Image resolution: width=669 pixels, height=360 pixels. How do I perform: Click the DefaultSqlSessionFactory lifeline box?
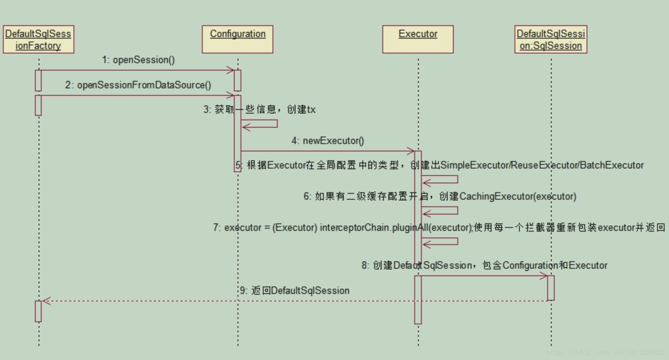click(x=38, y=39)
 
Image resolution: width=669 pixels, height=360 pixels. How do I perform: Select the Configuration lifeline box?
click(x=238, y=39)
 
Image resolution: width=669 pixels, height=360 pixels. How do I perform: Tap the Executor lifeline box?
click(x=418, y=39)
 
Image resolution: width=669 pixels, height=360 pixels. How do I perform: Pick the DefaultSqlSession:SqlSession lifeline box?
click(x=551, y=39)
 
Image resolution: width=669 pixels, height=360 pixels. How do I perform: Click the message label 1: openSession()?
click(x=138, y=60)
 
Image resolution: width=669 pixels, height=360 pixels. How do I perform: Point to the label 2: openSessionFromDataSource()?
click(x=138, y=85)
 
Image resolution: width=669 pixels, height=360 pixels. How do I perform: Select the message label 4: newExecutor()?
click(x=328, y=141)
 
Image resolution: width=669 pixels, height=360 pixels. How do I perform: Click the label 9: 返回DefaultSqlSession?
click(x=295, y=291)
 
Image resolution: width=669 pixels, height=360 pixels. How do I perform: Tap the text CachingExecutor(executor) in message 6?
click(x=518, y=196)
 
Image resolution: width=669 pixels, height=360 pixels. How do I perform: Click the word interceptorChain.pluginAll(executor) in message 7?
click(x=396, y=228)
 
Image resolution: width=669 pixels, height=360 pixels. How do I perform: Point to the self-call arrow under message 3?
click(x=260, y=124)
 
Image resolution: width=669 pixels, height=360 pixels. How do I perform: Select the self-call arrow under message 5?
click(x=440, y=180)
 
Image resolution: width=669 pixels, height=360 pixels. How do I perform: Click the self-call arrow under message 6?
click(x=440, y=211)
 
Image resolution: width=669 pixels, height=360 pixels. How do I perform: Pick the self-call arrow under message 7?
click(x=440, y=242)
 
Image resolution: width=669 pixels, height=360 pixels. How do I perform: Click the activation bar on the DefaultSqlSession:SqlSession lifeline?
click(x=551, y=288)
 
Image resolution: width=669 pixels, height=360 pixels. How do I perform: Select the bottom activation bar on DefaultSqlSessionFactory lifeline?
click(x=38, y=311)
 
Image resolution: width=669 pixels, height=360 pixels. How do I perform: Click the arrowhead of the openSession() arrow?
click(x=231, y=70)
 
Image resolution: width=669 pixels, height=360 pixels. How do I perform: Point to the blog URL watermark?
click(x=605, y=352)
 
